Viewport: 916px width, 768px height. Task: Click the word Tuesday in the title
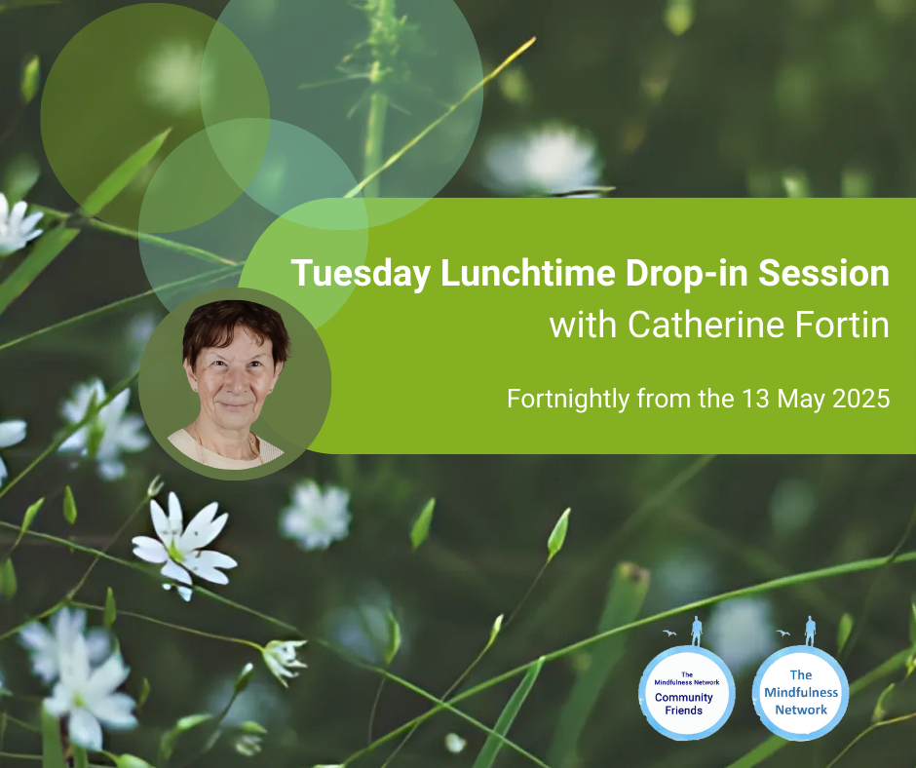point(361,274)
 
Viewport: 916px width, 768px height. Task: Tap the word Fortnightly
point(568,400)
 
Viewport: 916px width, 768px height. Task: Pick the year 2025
point(861,399)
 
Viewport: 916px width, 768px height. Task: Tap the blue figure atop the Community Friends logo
point(697,631)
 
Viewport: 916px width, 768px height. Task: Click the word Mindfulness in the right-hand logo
point(801,693)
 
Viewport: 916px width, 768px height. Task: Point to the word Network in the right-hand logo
point(801,710)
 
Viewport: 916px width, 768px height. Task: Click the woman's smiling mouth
point(235,404)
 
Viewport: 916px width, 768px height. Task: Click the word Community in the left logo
point(683,697)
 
